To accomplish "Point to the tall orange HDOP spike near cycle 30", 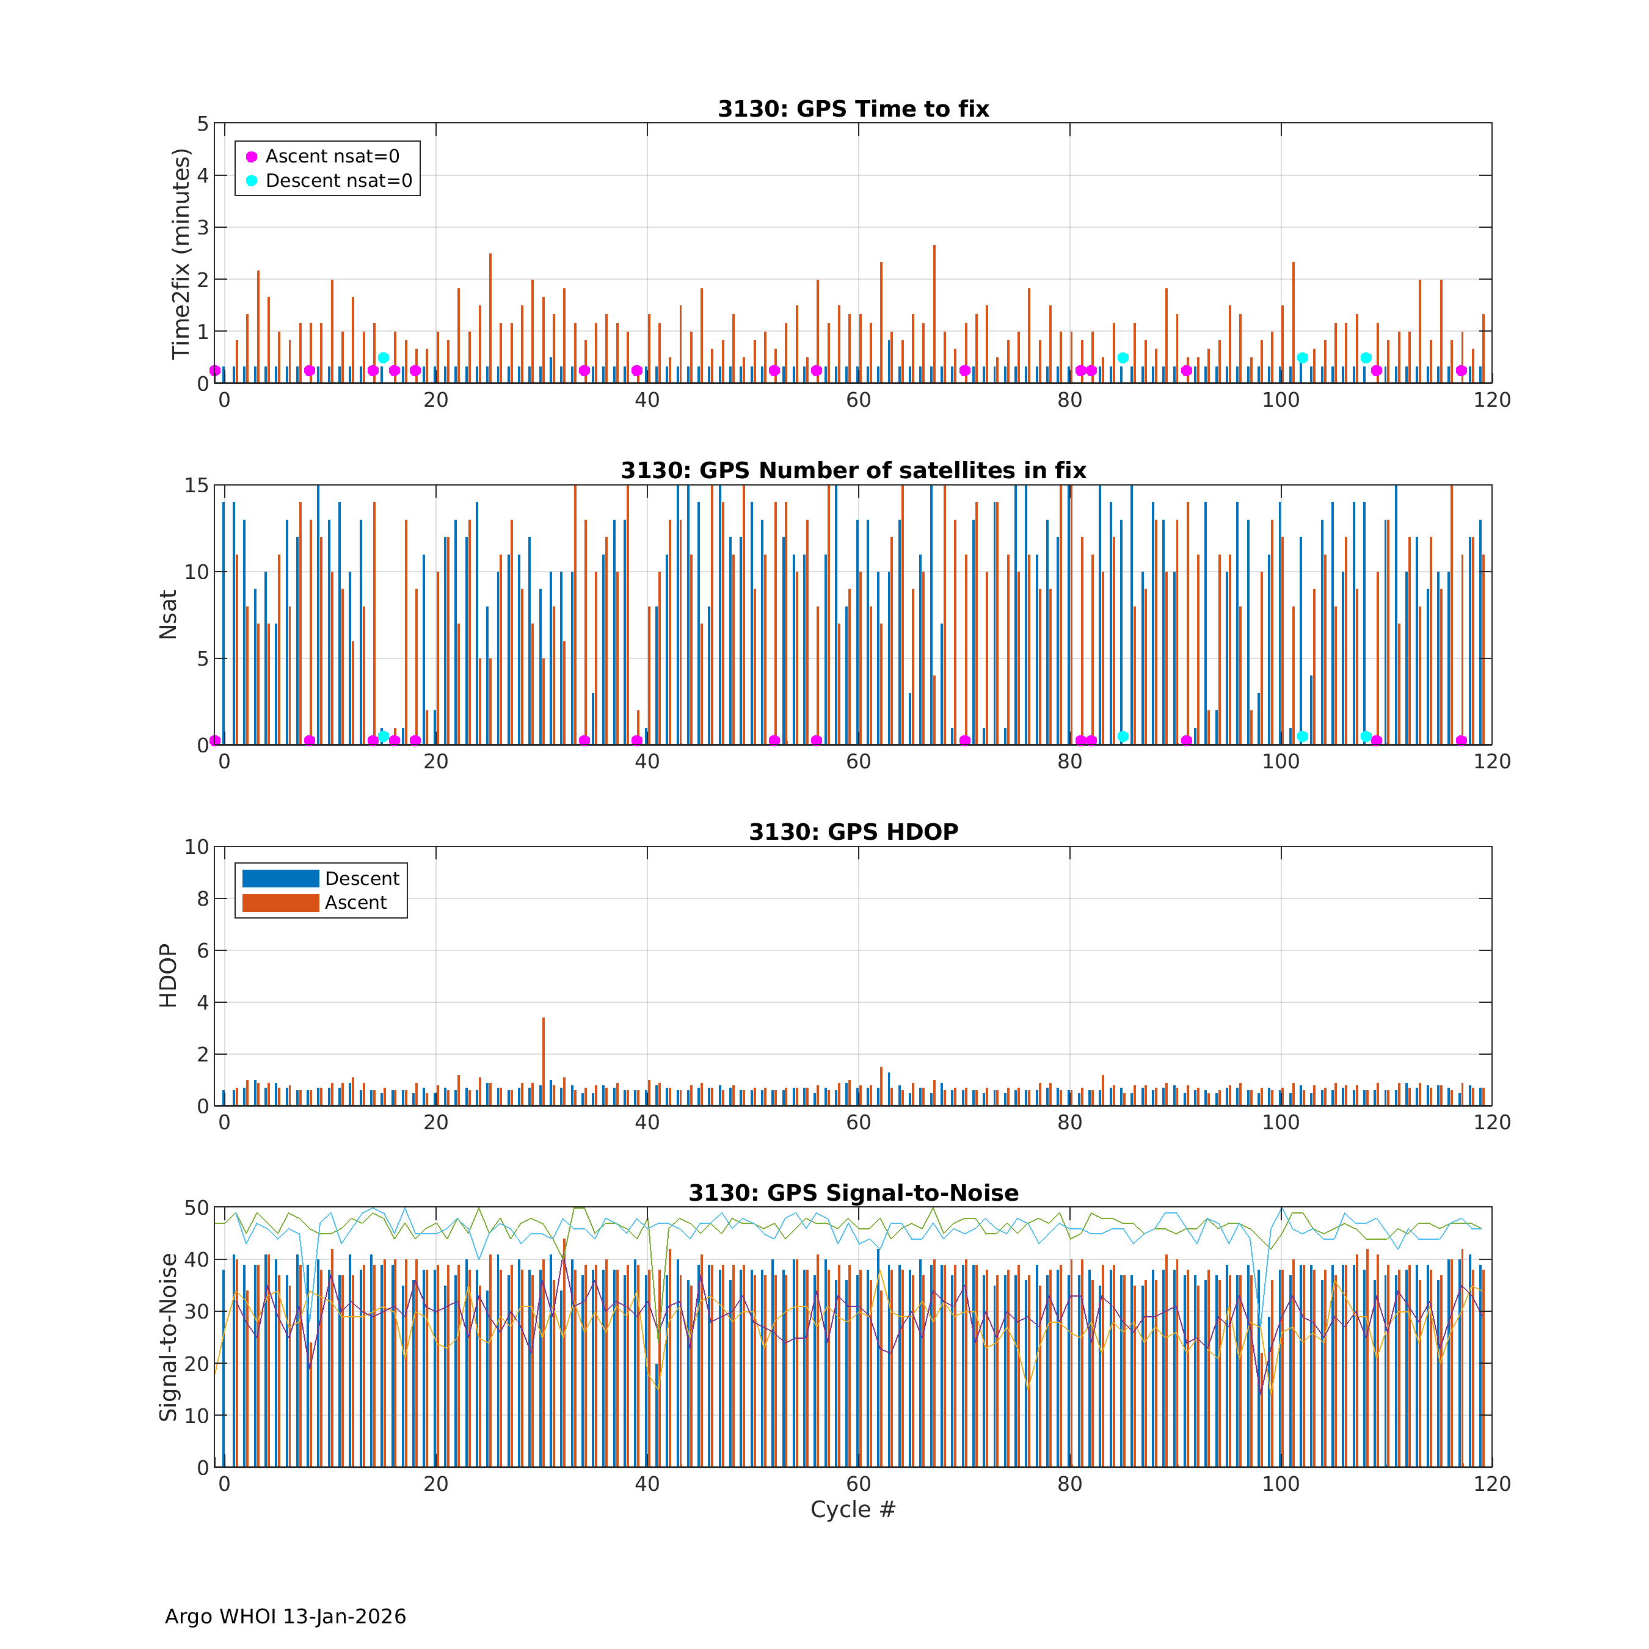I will point(543,1058).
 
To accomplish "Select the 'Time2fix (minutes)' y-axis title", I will point(180,253).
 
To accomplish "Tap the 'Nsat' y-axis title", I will point(168,614).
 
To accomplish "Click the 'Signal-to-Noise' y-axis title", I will point(168,1338).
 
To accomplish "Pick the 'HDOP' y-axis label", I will point(168,975).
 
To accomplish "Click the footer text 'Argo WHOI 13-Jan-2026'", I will point(285,1617).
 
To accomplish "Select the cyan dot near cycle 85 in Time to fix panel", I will point(1123,358).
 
